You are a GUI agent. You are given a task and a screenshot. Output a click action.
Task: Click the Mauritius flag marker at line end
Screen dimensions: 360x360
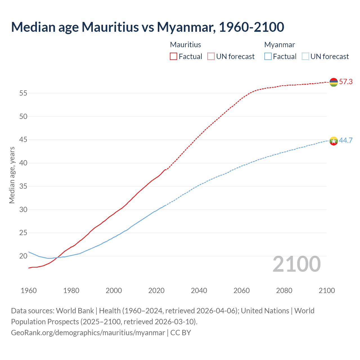click(x=334, y=82)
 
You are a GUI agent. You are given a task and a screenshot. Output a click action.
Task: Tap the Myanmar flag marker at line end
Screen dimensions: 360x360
click(x=334, y=141)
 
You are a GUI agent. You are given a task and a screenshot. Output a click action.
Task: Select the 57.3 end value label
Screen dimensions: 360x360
click(x=346, y=82)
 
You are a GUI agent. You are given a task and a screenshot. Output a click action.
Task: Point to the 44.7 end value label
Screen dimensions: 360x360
click(x=346, y=140)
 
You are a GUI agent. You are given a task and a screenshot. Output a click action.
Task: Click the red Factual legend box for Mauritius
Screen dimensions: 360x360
click(x=174, y=56)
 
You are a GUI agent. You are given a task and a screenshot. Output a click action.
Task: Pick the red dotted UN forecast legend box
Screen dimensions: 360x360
click(x=211, y=56)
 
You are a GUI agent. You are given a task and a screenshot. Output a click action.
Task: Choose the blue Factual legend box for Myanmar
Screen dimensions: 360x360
click(x=268, y=56)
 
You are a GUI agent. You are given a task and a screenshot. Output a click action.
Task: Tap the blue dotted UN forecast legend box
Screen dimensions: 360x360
click(x=305, y=56)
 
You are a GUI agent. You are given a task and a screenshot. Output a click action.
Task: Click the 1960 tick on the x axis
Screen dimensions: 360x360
click(x=29, y=291)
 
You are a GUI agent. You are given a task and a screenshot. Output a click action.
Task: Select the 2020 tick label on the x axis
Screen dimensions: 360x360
click(x=156, y=291)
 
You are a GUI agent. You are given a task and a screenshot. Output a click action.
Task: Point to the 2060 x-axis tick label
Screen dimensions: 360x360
click(x=242, y=291)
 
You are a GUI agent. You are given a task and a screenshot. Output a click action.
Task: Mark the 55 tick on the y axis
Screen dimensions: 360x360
click(x=23, y=93)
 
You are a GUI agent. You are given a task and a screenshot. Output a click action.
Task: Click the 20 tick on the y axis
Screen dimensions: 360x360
click(x=23, y=256)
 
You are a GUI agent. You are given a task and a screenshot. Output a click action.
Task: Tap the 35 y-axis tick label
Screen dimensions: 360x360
click(x=23, y=186)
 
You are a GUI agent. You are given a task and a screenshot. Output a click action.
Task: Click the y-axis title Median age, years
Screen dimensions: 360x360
click(x=12, y=175)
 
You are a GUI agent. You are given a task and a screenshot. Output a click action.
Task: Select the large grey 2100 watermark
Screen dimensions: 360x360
click(x=297, y=264)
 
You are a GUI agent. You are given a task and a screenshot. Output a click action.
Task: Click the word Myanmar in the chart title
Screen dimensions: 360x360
click(x=186, y=27)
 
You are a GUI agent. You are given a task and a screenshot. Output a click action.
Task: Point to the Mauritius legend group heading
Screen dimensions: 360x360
click(x=186, y=45)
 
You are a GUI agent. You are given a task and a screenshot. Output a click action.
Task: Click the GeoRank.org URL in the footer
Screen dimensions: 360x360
click(x=88, y=332)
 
